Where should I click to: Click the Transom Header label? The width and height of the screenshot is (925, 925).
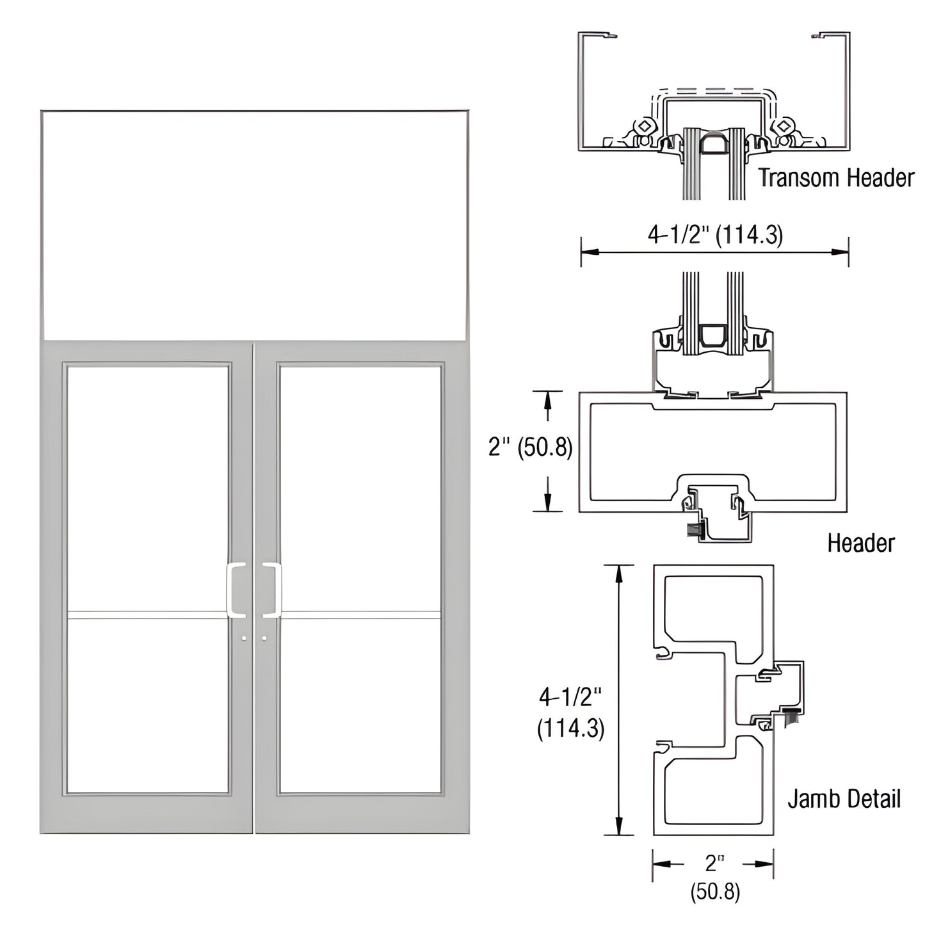(836, 177)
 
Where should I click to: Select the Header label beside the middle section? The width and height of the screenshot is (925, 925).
(860, 543)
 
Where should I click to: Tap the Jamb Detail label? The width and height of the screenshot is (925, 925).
(844, 798)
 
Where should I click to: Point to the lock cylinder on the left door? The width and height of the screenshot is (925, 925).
(246, 638)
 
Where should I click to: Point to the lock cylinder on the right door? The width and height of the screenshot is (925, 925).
(264, 638)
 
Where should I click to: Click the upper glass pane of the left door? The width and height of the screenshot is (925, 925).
(148, 487)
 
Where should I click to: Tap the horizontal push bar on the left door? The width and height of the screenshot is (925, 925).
(148, 616)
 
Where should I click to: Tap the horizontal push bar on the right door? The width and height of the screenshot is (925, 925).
(361, 616)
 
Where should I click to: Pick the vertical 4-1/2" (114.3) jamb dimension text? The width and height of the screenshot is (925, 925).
(570, 712)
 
